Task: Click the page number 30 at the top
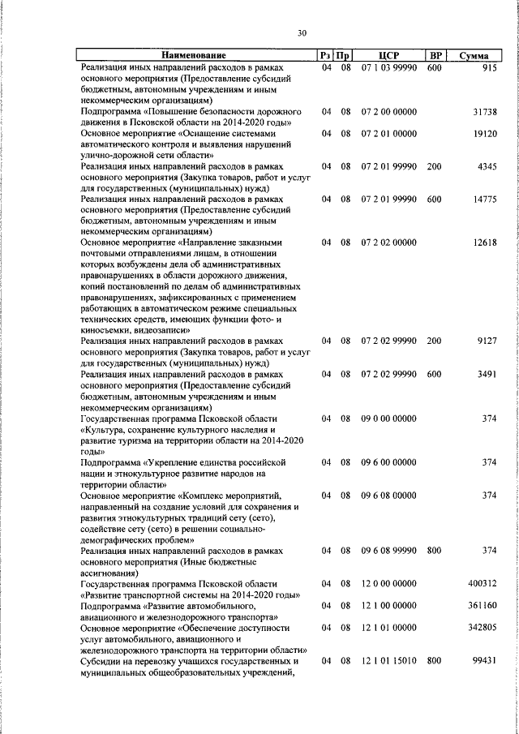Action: [302, 33]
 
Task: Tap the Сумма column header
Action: [473, 56]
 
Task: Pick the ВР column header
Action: [435, 56]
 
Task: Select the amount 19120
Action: [484, 133]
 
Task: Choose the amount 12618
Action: [484, 243]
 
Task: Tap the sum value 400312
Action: [483, 583]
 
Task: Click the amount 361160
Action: [483, 605]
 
